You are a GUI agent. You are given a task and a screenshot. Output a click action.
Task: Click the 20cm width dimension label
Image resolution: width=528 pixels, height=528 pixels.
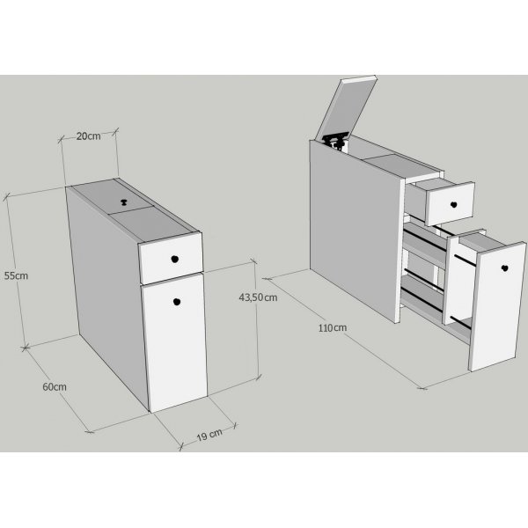click(88, 136)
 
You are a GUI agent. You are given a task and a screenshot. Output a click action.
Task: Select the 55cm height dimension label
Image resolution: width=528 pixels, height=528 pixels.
click(16, 275)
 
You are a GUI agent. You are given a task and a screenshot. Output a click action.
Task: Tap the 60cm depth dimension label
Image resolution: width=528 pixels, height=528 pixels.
click(55, 387)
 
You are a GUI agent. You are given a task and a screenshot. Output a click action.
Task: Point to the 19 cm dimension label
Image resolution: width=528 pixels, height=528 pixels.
click(209, 435)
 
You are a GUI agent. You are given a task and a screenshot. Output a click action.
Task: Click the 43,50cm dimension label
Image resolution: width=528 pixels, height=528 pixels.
click(258, 297)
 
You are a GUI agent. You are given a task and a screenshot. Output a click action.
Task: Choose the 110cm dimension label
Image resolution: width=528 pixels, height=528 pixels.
click(333, 327)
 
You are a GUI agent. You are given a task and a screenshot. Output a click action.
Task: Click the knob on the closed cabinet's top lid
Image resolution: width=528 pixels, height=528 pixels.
click(124, 202)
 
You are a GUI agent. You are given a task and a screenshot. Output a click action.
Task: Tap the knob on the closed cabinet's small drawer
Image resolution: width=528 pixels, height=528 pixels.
click(174, 259)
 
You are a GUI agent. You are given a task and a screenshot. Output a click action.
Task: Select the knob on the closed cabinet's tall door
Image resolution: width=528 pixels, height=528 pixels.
click(177, 302)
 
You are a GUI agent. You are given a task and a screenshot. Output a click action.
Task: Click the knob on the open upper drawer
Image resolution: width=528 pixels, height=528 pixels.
click(453, 204)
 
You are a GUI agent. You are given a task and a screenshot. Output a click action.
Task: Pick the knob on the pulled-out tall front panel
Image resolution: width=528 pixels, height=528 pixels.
click(504, 268)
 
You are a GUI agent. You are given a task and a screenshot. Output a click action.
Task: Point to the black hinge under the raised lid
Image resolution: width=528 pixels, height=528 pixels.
click(334, 141)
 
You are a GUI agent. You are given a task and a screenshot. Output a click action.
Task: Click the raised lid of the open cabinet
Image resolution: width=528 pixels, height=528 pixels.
click(346, 107)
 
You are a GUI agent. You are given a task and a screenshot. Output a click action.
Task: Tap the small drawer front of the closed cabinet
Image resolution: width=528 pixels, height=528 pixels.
click(171, 258)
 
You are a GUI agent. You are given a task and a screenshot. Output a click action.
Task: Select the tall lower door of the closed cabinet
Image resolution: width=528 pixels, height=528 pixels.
click(175, 342)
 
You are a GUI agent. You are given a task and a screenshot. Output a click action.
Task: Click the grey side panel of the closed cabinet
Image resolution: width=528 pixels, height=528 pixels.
click(106, 290)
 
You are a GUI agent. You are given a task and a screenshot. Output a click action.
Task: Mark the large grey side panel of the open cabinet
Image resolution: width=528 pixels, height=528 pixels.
click(356, 230)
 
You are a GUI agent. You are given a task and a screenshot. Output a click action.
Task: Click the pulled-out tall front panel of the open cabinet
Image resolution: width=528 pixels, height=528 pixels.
click(498, 306)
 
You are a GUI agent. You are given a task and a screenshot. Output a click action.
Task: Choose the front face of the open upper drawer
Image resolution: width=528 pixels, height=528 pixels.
click(451, 204)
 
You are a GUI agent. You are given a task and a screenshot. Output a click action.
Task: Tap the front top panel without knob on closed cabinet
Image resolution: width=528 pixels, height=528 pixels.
click(150, 224)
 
